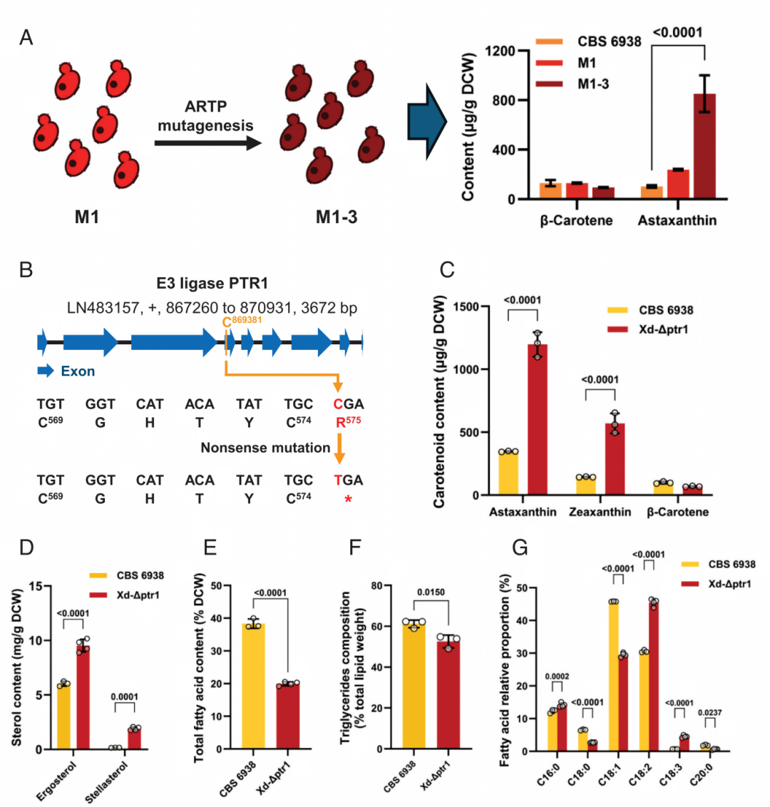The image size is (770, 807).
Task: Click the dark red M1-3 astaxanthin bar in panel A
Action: tap(704, 146)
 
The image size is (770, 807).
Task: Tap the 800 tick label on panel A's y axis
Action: tap(503, 101)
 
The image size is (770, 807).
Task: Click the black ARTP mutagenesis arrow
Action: tap(208, 143)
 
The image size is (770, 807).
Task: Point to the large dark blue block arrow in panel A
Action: tap(427, 122)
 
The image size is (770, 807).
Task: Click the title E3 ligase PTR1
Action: tap(212, 283)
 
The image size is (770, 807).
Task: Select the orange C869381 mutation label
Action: tap(242, 322)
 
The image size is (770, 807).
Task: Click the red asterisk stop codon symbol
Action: tap(348, 499)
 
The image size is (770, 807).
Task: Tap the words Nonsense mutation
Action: tap(265, 448)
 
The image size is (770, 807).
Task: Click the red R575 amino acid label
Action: tap(349, 422)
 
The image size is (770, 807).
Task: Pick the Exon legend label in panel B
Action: tap(78, 371)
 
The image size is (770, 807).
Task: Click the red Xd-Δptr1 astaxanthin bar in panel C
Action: tap(538, 419)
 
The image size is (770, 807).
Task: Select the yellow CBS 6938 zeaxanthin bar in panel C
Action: tap(586, 486)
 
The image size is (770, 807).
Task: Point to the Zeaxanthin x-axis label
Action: tap(600, 512)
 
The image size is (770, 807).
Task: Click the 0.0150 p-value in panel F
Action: tap(431, 592)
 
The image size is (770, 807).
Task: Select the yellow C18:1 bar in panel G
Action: tap(614, 677)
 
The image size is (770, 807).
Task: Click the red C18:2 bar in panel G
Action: tap(654, 677)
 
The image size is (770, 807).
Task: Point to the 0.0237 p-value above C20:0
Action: tap(710, 713)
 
